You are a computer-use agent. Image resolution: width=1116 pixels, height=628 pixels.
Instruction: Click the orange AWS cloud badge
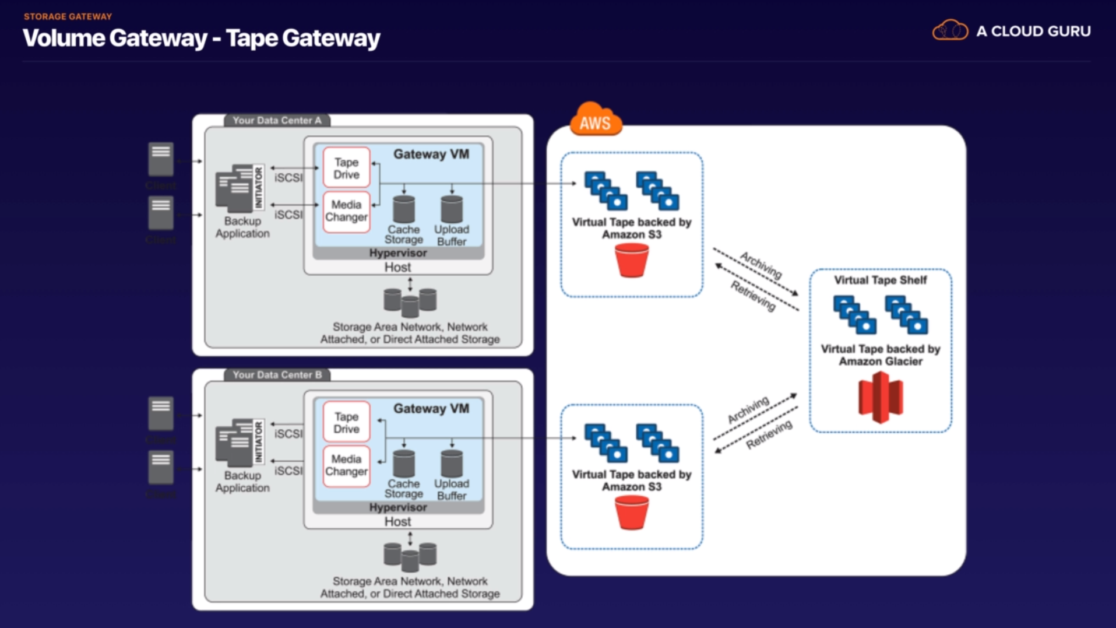[595, 120]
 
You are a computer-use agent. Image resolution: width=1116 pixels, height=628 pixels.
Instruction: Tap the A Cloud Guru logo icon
[950, 30]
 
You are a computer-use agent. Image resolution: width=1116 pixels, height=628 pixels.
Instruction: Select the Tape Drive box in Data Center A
[346, 169]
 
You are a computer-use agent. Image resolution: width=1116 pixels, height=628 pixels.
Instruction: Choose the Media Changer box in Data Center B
[346, 465]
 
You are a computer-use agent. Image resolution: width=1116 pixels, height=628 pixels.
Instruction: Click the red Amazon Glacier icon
[880, 398]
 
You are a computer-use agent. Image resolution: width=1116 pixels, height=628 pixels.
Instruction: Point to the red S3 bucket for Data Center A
[632, 260]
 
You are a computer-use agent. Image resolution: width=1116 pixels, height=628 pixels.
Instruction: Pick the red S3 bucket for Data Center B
[632, 513]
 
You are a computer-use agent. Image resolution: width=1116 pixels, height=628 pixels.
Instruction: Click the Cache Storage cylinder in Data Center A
[404, 209]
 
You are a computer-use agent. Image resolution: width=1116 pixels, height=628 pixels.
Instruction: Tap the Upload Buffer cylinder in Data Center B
[452, 464]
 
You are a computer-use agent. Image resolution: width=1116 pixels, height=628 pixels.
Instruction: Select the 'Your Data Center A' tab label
[277, 121]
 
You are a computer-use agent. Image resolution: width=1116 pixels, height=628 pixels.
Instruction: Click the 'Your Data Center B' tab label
[277, 375]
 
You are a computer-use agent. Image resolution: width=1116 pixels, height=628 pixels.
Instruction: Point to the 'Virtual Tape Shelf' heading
[880, 280]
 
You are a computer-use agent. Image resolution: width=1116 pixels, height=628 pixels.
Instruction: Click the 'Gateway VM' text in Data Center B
[431, 409]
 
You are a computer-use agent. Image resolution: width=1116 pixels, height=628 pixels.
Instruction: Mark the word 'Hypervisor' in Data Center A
[398, 253]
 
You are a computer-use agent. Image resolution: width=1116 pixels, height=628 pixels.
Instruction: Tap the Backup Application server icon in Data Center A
[235, 189]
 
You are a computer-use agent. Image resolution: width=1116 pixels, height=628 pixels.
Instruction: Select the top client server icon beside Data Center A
[161, 159]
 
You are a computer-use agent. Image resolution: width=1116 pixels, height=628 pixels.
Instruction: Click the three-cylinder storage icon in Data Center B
[410, 556]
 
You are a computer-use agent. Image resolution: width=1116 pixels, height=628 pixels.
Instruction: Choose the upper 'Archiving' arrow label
[761, 264]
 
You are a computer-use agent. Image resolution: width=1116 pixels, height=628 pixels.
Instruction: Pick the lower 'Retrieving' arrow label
[769, 435]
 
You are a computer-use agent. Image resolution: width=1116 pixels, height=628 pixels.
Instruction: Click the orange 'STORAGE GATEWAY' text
[68, 17]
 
